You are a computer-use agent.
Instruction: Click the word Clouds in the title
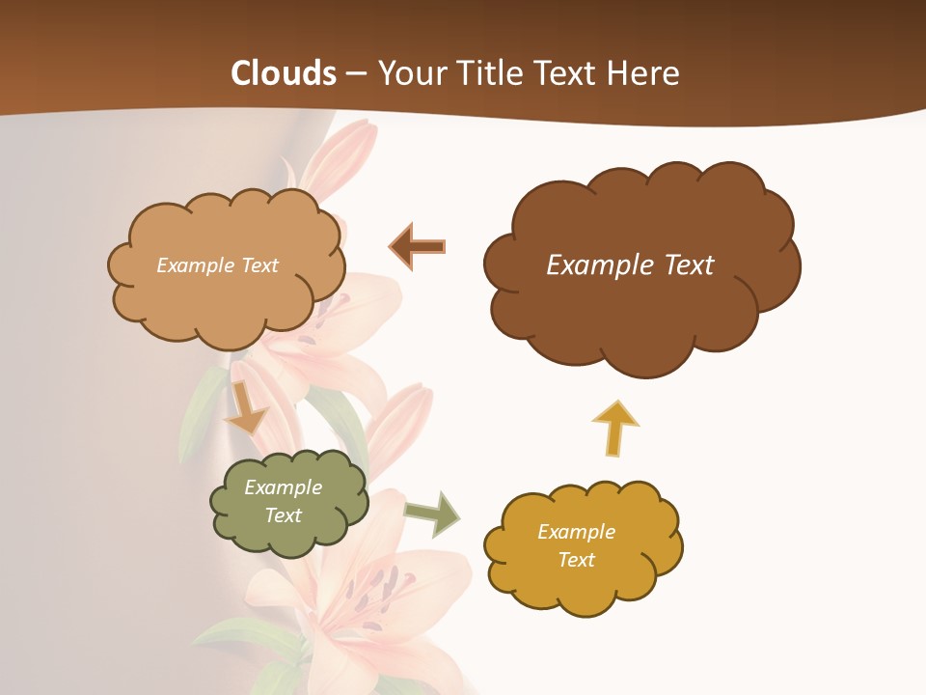[x=284, y=73]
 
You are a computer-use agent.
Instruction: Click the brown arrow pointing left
[x=418, y=246]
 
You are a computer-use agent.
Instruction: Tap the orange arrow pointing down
[x=245, y=409]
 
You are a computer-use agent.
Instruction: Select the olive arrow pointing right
[x=432, y=514]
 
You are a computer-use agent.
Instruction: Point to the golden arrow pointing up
[x=615, y=427]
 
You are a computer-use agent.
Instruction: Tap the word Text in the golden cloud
[x=577, y=560]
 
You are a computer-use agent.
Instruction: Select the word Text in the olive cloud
[x=284, y=515]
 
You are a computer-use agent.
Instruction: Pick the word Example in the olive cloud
[x=284, y=487]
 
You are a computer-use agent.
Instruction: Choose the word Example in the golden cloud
[x=577, y=532]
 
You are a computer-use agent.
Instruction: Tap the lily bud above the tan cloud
[x=342, y=154]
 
